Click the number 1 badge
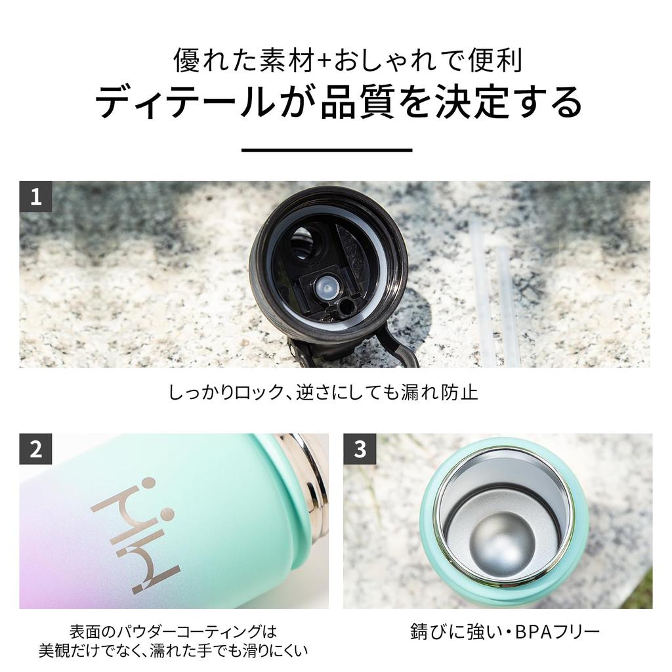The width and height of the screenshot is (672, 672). coord(35,197)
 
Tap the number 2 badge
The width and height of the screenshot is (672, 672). coord(35,449)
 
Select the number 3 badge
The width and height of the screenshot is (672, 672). coord(360,449)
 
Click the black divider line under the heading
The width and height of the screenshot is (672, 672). coord(327,150)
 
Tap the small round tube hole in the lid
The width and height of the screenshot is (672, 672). coord(345,307)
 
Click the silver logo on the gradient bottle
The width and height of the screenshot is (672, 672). coord(135,535)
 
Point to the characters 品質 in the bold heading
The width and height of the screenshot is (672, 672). coord(357,103)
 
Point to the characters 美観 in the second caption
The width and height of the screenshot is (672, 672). coord(56,650)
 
